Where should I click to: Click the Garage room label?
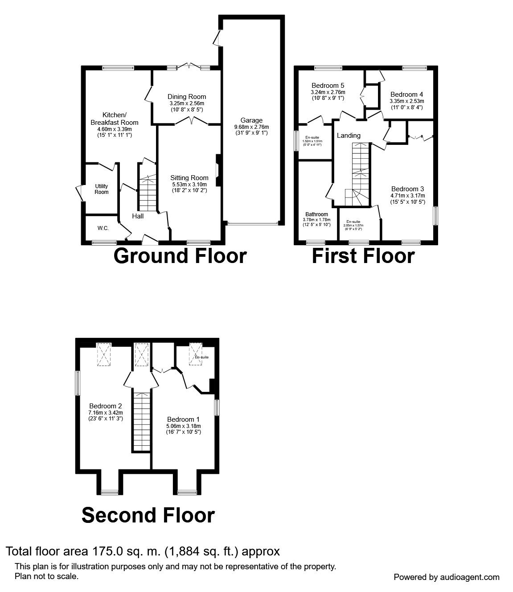251,120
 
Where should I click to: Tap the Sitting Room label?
189,178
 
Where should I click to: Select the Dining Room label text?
187,97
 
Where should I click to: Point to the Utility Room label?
102,189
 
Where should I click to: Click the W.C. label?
103,228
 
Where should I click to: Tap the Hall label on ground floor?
138,216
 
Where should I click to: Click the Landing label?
349,136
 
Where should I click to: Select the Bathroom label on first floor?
316,214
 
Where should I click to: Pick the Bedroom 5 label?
328,86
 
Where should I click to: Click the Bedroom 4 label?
406,95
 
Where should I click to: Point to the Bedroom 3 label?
407,189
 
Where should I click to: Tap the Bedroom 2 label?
105,406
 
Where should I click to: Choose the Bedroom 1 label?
183,419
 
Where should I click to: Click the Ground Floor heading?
180,256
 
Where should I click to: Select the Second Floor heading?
148,515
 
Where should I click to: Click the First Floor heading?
363,256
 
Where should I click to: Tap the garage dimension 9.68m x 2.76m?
251,127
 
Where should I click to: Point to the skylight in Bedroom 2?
105,355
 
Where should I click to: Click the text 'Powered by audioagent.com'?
447,577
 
